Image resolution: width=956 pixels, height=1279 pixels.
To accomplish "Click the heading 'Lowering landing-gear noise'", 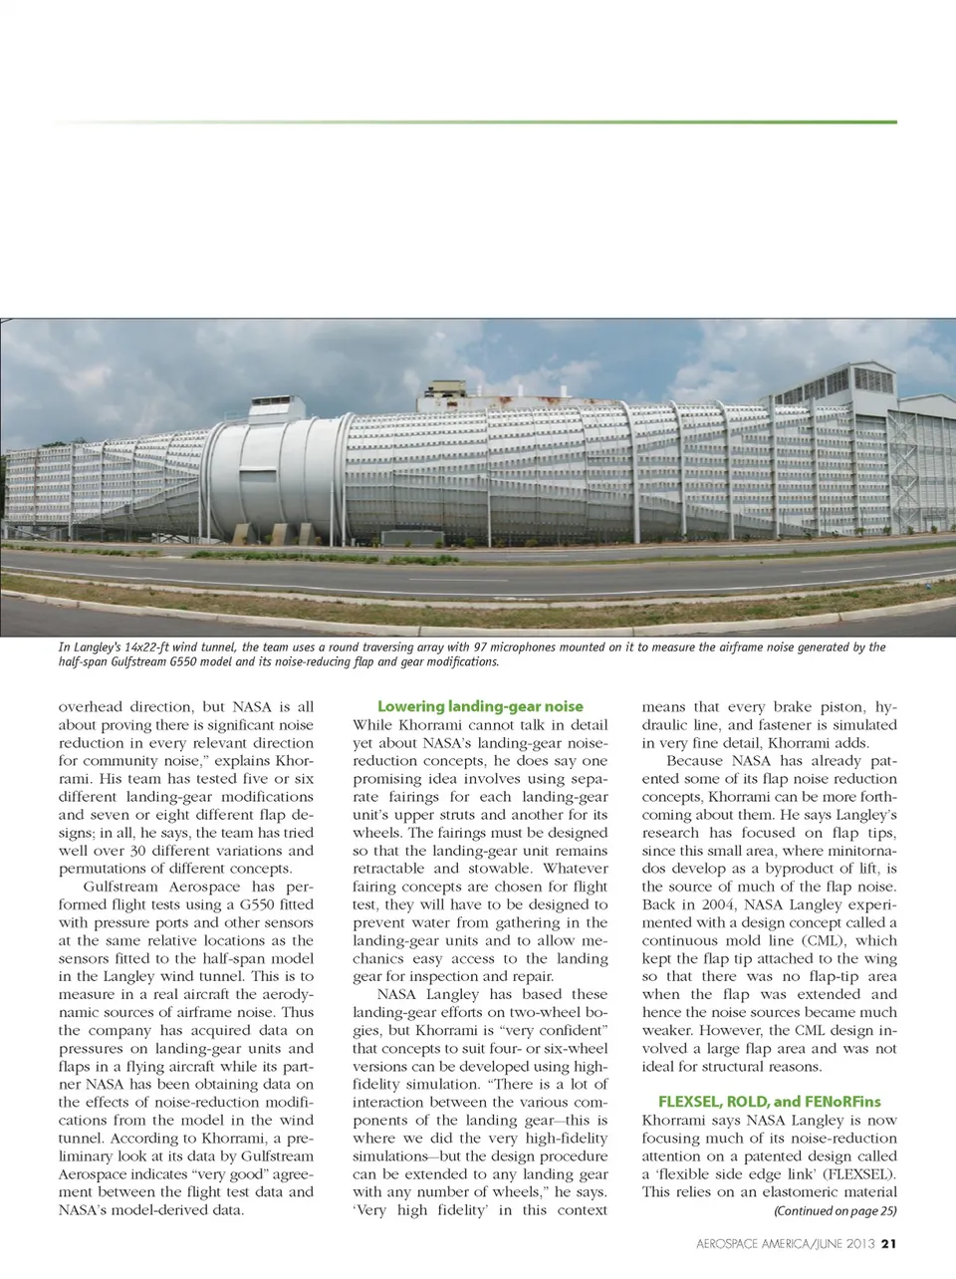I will click(x=480, y=706).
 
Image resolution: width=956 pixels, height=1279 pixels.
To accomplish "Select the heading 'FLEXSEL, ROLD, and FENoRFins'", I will click(x=769, y=1101).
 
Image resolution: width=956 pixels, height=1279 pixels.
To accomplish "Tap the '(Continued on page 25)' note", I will click(x=835, y=1210).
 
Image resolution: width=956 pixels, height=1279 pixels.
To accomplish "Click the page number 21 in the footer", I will click(x=890, y=1242).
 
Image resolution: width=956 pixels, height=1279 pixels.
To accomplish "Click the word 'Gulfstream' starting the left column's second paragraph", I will click(x=123, y=887).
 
